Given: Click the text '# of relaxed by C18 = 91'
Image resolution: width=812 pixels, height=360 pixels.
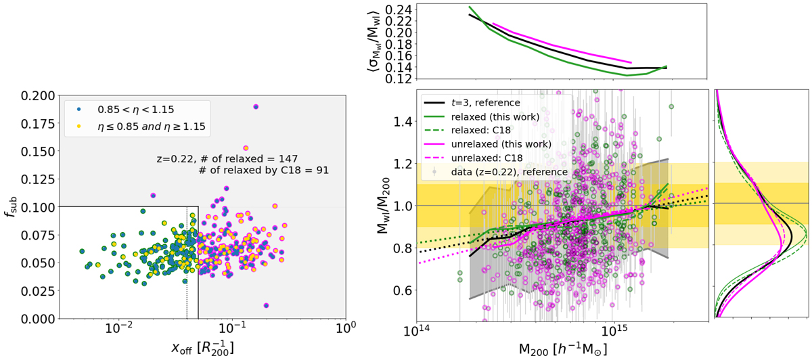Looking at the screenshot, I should point(264,171).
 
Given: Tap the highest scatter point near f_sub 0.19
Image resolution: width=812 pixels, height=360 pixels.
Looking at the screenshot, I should point(256,107).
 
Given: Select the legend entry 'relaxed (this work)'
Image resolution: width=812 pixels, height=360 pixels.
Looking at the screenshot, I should point(496,116).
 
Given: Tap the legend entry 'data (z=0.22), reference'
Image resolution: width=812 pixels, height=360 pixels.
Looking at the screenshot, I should point(500,172).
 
